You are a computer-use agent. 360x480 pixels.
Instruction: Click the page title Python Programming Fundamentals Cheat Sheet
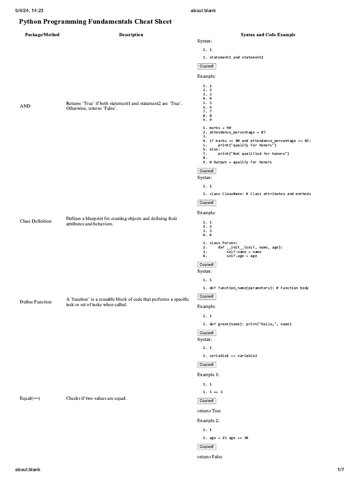(95, 22)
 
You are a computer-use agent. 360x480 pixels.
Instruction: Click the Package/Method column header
(42, 35)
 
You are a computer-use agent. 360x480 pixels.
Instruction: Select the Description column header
(131, 35)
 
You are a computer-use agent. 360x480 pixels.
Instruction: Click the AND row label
(25, 106)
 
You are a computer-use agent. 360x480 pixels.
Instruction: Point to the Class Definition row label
(36, 221)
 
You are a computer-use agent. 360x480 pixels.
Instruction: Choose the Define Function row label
(36, 302)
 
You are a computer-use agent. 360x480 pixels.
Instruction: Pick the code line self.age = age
(241, 256)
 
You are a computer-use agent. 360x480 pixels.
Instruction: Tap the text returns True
(209, 411)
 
